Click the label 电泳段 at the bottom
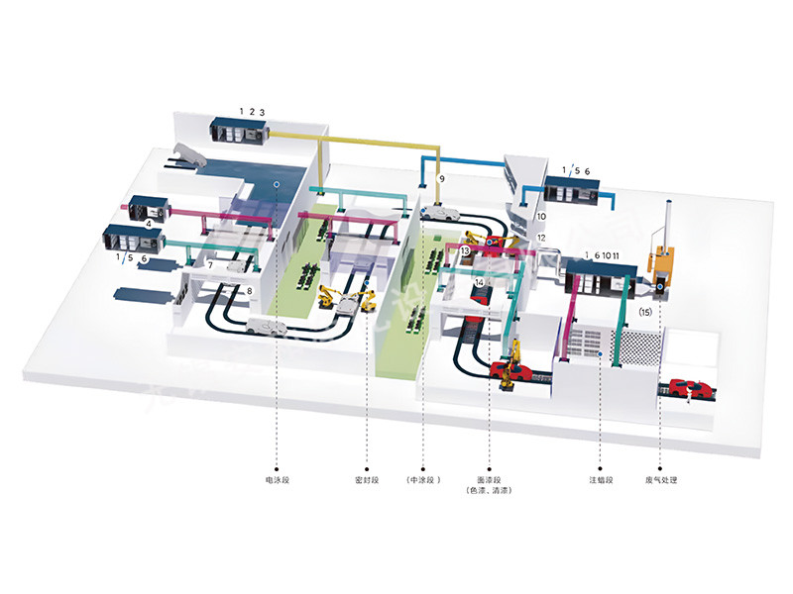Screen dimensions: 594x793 (277, 480)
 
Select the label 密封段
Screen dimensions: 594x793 (366, 480)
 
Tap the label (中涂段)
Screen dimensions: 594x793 (422, 480)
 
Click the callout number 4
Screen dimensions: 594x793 (149, 224)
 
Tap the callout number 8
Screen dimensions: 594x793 (250, 290)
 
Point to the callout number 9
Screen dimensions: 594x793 (442, 178)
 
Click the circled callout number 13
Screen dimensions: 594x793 (465, 251)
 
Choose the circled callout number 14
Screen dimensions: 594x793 (479, 282)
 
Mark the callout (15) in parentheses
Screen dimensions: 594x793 (646, 312)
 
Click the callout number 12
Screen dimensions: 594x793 (541, 238)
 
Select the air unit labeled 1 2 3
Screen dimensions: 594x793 (238, 130)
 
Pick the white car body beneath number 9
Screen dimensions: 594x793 (436, 211)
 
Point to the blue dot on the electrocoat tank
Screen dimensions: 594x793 (277, 184)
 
